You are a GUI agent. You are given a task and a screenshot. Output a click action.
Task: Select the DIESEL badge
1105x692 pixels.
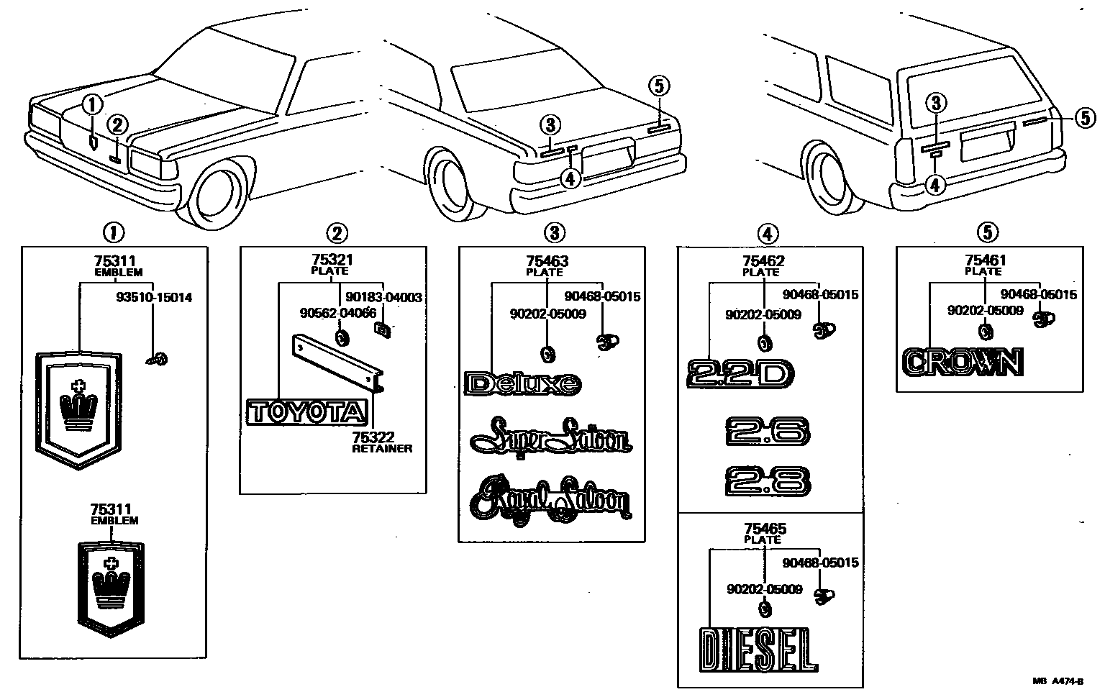pyautogui.click(x=758, y=650)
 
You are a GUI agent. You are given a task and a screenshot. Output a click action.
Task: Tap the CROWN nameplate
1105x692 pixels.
pyautogui.click(x=962, y=362)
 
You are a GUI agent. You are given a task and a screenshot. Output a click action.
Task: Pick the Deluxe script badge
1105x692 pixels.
pyautogui.click(x=523, y=383)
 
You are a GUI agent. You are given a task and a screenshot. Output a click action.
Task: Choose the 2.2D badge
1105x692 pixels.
pyautogui.click(x=740, y=373)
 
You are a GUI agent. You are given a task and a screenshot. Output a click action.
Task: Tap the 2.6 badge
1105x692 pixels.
pyautogui.click(x=768, y=431)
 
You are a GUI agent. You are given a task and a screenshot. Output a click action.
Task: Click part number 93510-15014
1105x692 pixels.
pyautogui.click(x=153, y=297)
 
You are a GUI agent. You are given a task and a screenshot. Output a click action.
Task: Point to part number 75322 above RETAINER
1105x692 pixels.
pyautogui.click(x=373, y=437)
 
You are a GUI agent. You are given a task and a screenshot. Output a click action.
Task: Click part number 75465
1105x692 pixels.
pyautogui.click(x=763, y=529)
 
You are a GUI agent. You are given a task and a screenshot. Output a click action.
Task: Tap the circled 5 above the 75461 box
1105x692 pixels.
pyautogui.click(x=987, y=232)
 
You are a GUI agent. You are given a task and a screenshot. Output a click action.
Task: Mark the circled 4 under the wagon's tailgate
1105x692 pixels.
pyautogui.click(x=934, y=185)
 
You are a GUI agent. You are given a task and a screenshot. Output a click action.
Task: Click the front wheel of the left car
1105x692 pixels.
pyautogui.click(x=219, y=194)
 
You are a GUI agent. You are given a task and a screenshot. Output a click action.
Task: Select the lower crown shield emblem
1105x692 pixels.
pyautogui.click(x=111, y=583)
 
